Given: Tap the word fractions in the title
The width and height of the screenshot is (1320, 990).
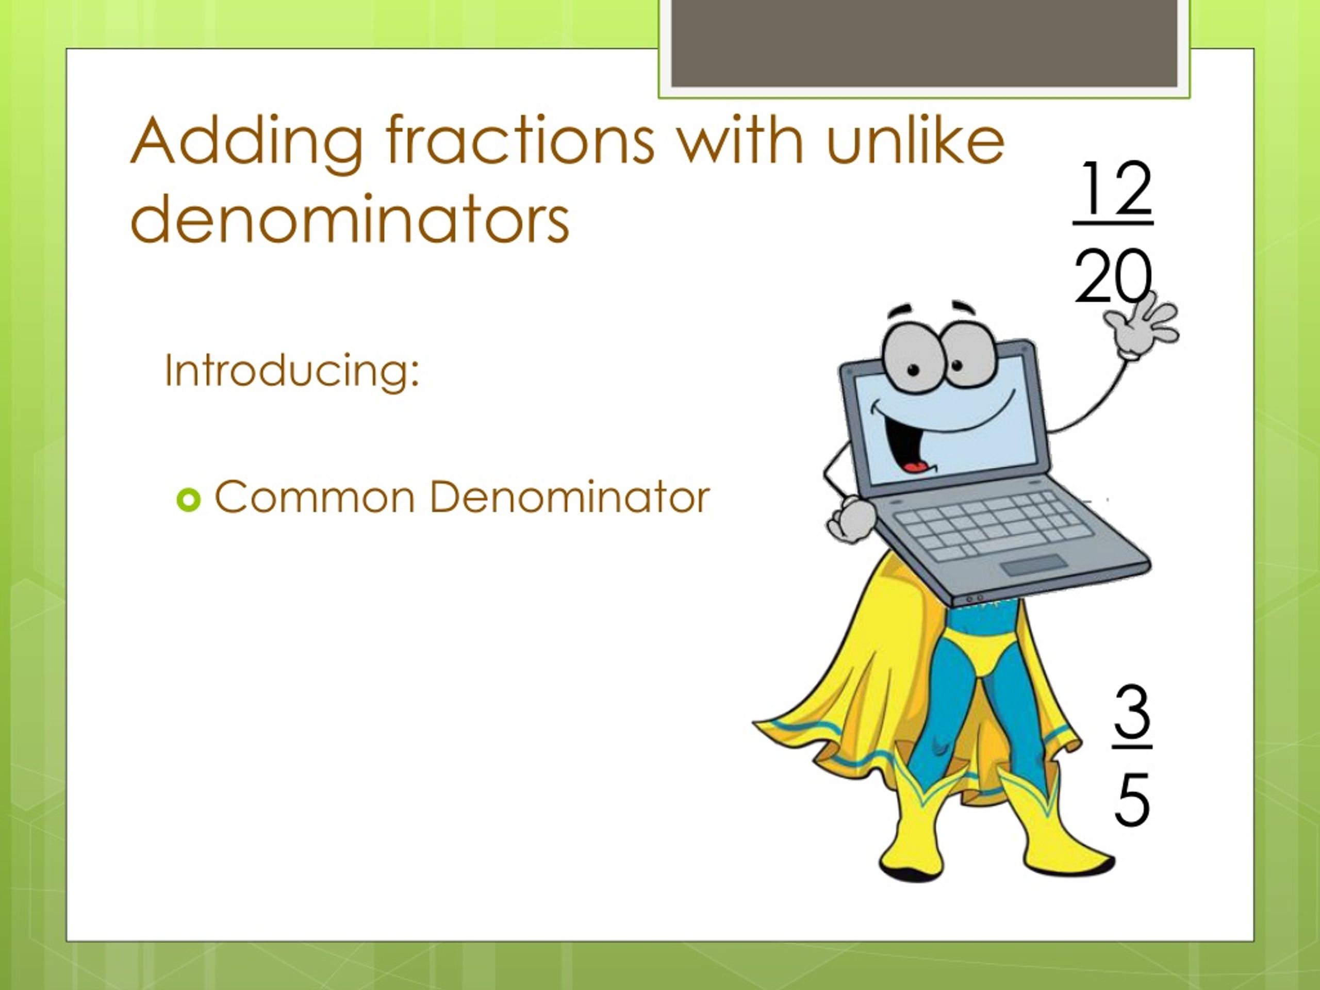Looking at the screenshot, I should pos(520,142).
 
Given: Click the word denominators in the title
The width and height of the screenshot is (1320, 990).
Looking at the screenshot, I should pos(349,220).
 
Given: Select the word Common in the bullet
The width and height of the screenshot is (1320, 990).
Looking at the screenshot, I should pos(315,497).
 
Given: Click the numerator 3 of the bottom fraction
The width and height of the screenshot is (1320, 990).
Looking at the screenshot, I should pos(1131,713).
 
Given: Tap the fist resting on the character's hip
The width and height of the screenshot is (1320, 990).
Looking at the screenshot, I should pos(850,520).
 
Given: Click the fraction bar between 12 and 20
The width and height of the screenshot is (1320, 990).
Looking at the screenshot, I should pos(1113,224).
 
